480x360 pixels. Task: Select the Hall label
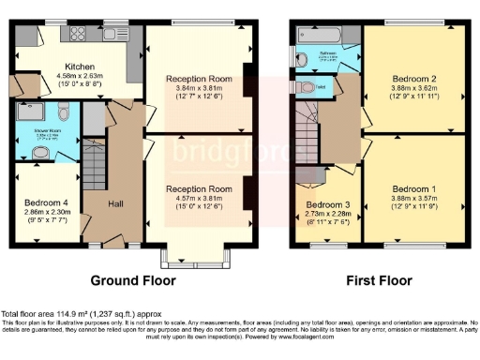coord(115,203)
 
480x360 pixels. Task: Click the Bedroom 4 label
coord(46,201)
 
